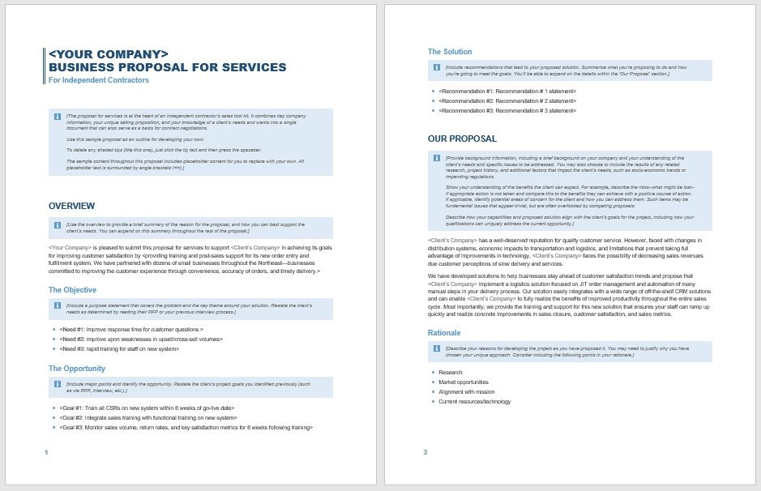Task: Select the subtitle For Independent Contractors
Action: tap(99, 80)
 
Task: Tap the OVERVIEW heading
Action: tap(71, 206)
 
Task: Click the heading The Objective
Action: tap(72, 289)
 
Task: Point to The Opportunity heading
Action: tap(78, 368)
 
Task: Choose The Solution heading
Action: tap(450, 52)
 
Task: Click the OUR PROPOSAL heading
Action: tap(462, 139)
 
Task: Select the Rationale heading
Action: tap(444, 333)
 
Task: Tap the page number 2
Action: tap(425, 451)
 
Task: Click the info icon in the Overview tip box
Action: tap(58, 225)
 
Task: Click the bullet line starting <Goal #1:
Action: tap(146, 408)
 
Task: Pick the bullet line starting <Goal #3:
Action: tap(186, 427)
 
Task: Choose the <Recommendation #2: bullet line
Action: tap(507, 100)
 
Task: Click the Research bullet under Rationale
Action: tap(451, 372)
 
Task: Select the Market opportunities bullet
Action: tap(464, 382)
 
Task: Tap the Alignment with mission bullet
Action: tap(466, 391)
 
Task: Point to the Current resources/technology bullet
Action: tap(474, 401)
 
